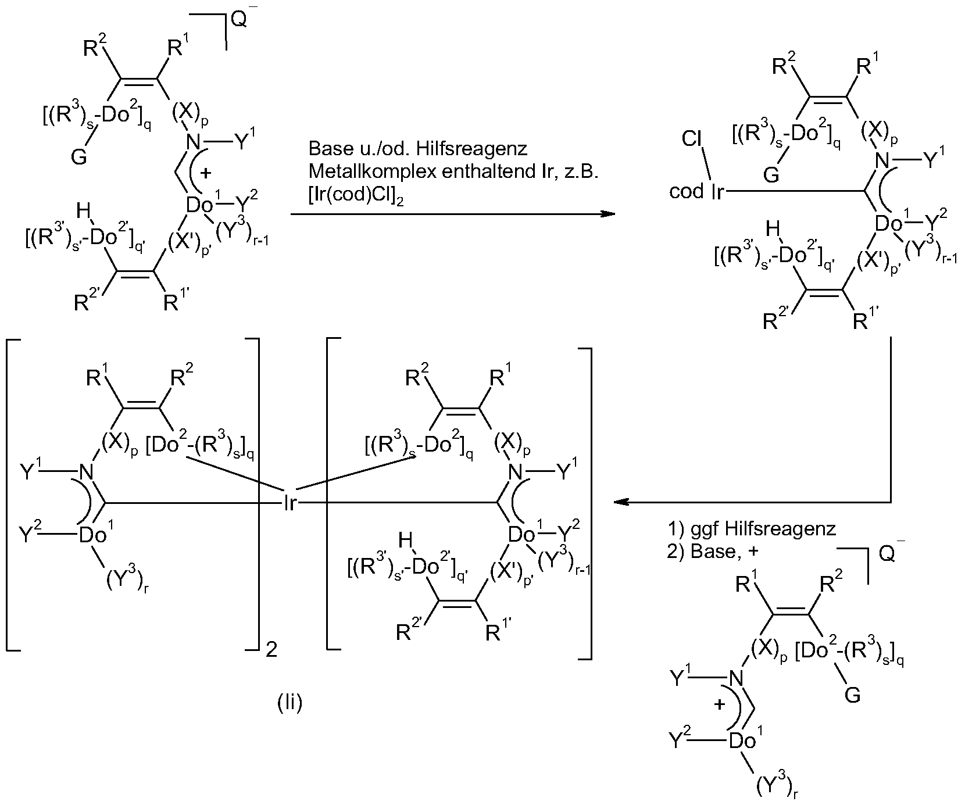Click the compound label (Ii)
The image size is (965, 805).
click(x=289, y=704)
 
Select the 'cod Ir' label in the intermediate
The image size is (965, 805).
click(x=696, y=192)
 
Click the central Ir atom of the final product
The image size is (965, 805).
click(x=290, y=503)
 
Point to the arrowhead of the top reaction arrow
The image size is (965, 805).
click(x=607, y=214)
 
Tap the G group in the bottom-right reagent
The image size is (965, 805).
click(x=852, y=695)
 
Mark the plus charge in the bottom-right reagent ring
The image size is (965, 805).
click(x=719, y=705)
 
